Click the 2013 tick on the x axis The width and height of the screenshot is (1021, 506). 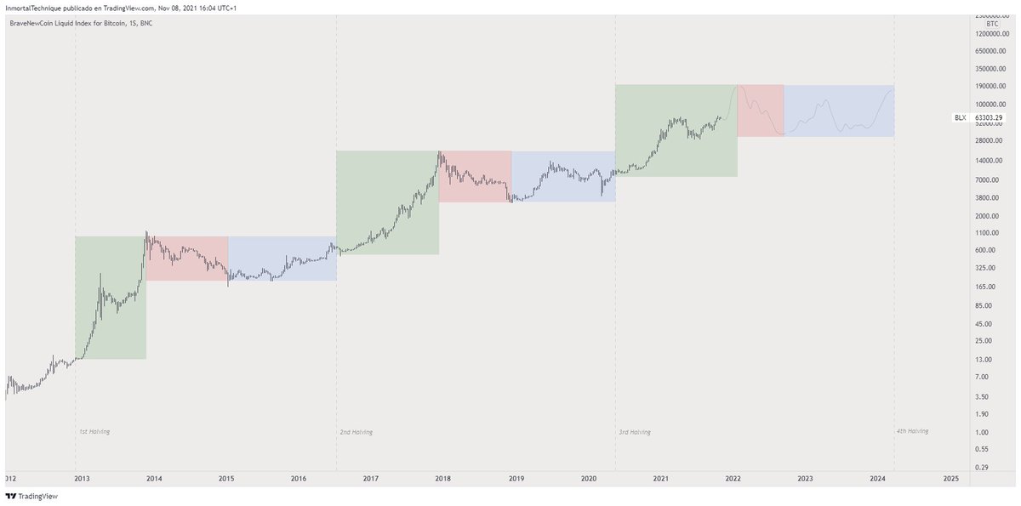tap(82, 479)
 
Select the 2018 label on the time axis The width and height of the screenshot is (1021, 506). tap(443, 479)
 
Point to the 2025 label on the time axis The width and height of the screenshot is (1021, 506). tap(950, 479)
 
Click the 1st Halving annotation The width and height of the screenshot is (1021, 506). tap(94, 432)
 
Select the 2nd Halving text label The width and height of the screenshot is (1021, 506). tap(356, 432)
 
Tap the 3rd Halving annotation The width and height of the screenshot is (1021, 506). tap(635, 432)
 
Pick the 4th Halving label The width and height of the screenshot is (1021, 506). tap(912, 431)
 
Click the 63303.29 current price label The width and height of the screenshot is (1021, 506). tap(988, 117)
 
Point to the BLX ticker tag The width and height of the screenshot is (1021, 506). tap(960, 117)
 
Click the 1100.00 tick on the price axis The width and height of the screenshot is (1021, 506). tap(986, 232)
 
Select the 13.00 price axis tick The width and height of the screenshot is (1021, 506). tap(984, 359)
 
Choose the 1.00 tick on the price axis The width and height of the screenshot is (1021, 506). tap(982, 432)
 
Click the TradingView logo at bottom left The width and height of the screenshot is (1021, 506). tap(26, 496)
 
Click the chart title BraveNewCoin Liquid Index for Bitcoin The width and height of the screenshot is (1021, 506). tap(81, 23)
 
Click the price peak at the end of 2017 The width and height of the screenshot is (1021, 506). tap(439, 152)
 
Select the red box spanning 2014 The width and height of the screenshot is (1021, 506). tap(186, 259)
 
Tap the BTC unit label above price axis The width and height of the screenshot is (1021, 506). tap(991, 24)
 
